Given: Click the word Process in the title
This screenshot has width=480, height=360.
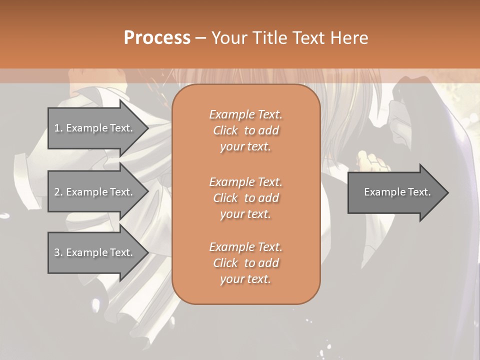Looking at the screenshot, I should coord(157,38).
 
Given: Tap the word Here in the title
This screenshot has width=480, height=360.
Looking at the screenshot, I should coord(349,38).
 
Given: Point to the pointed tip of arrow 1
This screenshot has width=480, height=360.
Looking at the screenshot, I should coord(147,128).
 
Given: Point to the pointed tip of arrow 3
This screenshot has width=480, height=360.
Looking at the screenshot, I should coord(147,252).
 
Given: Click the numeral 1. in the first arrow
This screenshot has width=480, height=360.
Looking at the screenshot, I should coord(58,128).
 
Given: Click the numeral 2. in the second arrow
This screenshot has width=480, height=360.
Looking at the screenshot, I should coord(58,192).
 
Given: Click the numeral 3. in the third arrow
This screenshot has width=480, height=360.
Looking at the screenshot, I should coord(58,252).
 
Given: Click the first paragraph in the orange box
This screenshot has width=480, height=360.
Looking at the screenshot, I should coord(245,130).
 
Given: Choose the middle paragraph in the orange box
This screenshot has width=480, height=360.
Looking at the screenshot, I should coord(245,198).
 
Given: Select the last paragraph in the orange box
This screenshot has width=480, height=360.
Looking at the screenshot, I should coord(245,263).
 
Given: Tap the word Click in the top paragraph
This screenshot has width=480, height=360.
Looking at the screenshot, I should coord(225,130).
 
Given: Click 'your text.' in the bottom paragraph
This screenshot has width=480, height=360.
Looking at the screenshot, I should coord(245,279).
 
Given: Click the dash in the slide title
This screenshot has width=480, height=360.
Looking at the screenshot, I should coord(200,38).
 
